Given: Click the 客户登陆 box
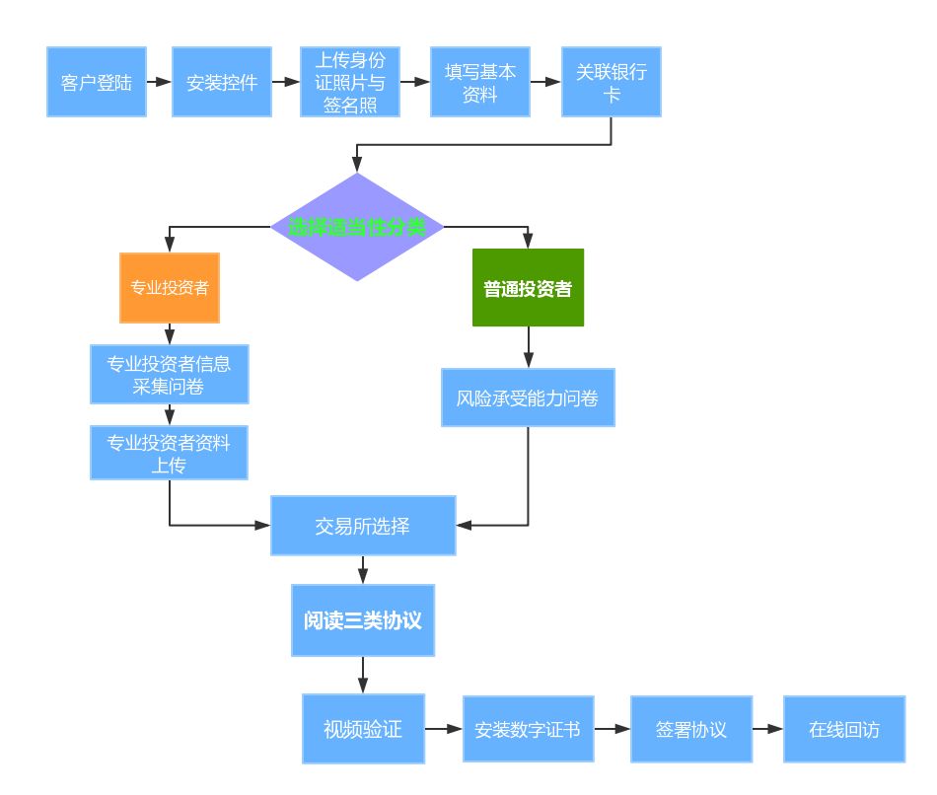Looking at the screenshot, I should coord(97,82).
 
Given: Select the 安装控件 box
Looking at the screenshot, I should coord(222,82).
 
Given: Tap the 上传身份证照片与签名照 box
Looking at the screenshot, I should coord(350,82).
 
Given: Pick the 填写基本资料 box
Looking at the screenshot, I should coord(480,82).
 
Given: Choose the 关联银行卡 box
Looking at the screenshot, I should coord(612,82).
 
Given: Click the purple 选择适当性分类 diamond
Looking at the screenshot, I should coord(357,227).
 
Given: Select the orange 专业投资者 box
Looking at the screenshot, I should coord(170,288).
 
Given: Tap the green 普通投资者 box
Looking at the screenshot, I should coord(528,288).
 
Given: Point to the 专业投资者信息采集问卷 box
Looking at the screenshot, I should coord(169,374).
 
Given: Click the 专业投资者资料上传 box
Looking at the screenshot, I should coord(169,454).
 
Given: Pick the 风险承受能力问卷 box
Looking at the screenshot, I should coord(528,398).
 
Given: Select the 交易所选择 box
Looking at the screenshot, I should coord(363,526).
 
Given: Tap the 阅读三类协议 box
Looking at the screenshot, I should coord(363,620).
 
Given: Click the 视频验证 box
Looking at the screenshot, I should coord(363,730).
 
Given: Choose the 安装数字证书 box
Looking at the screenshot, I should coord(528,730).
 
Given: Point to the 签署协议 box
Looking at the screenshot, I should coord(691,730).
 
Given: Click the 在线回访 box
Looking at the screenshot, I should coord(844,730).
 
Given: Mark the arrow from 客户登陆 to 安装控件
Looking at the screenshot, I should coord(159,82).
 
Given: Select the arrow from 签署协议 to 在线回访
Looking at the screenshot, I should coord(767,730).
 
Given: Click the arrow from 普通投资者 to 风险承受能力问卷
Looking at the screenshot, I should coord(528,347).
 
